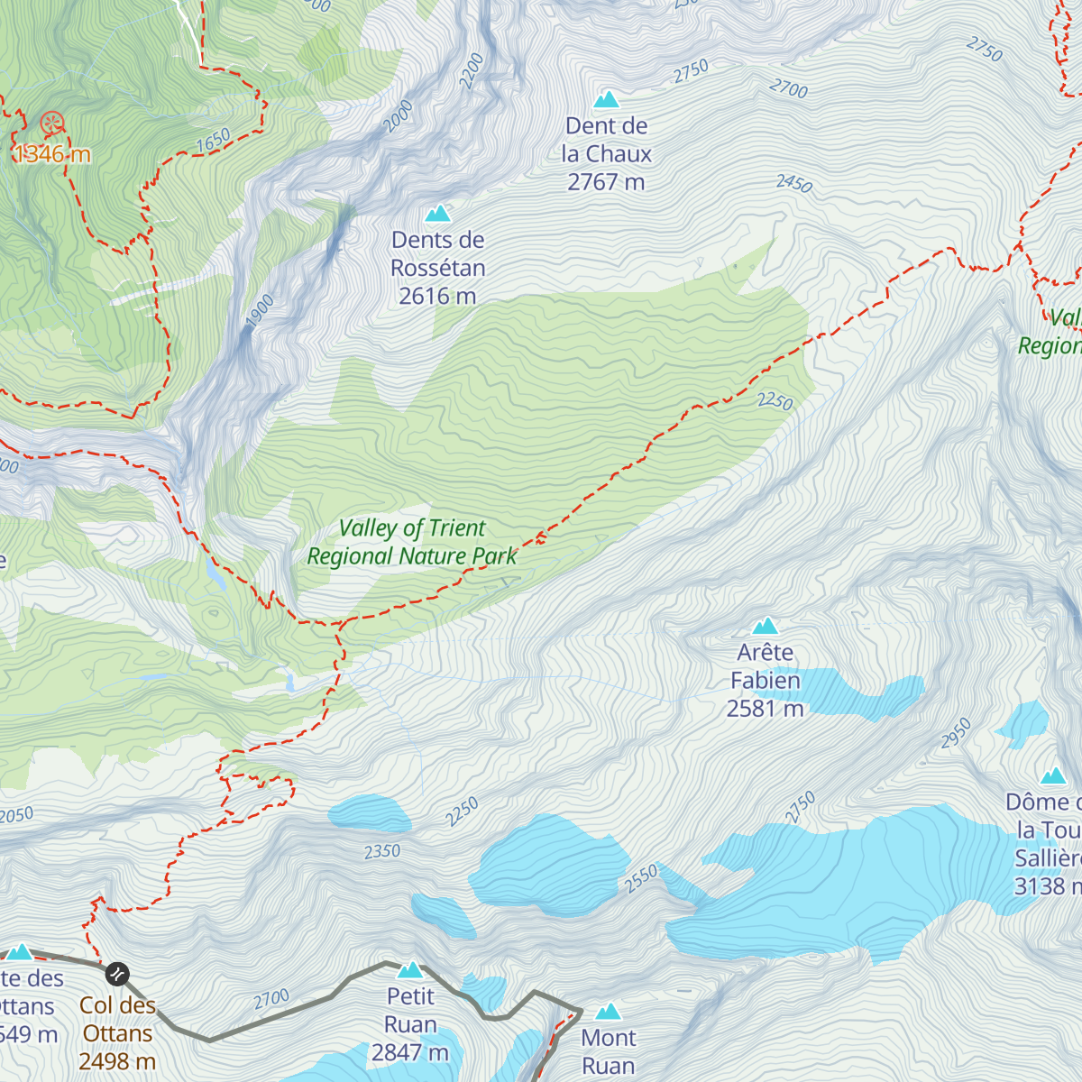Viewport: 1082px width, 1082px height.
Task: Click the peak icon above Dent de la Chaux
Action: [x=606, y=99]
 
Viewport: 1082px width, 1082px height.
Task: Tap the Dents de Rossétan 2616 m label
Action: [x=437, y=268]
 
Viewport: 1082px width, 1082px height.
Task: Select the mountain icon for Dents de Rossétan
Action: [x=437, y=214]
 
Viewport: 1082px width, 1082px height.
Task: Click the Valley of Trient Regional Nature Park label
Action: [x=412, y=542]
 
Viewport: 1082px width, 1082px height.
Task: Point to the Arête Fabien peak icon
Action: [x=766, y=626]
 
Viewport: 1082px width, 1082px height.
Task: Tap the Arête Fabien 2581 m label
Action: [x=765, y=681]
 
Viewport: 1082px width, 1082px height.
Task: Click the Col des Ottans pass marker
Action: [x=117, y=974]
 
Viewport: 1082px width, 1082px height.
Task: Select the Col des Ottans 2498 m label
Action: [x=117, y=1033]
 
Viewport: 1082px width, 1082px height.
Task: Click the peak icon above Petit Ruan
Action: [x=410, y=969]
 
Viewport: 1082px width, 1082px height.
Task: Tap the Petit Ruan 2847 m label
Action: [x=410, y=1024]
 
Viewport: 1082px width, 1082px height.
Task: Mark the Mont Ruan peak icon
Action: [x=609, y=1012]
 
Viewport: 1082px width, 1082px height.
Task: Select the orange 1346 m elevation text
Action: [x=52, y=154]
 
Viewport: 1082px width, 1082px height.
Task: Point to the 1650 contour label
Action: [x=214, y=141]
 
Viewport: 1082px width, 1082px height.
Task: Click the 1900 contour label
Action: [x=260, y=311]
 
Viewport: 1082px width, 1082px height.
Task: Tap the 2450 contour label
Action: [x=794, y=184]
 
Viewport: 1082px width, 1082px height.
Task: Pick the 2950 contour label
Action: [x=956, y=733]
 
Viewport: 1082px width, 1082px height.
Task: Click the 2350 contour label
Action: [x=382, y=851]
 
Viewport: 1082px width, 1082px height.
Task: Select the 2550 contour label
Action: [x=641, y=880]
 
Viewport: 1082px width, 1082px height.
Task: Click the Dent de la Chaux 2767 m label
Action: [x=606, y=154]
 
